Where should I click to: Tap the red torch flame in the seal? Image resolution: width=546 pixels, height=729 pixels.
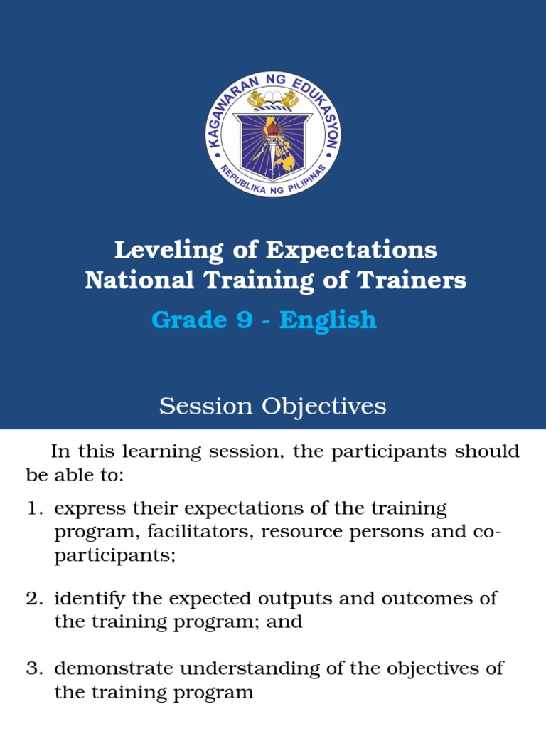click(x=272, y=128)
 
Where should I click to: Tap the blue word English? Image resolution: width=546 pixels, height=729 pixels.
click(x=328, y=320)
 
